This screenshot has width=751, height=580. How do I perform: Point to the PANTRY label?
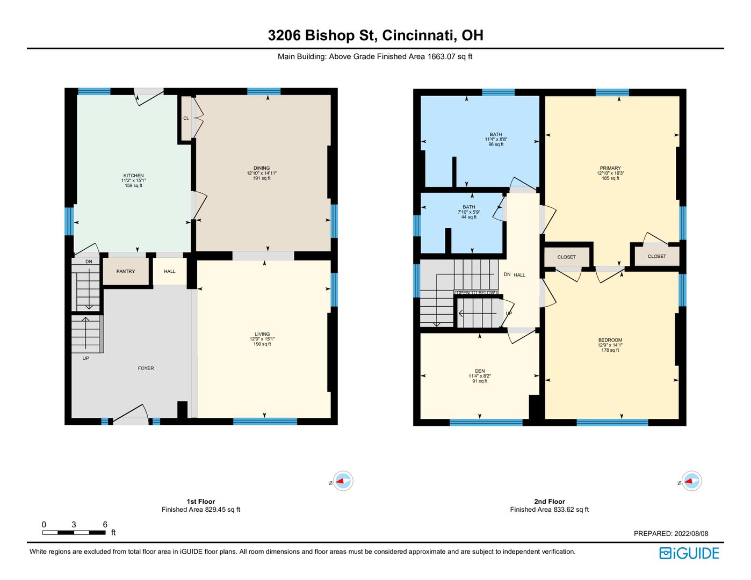[x=126, y=272]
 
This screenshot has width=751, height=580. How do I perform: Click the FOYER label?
[x=146, y=368]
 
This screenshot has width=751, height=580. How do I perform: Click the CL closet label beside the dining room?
[x=186, y=119]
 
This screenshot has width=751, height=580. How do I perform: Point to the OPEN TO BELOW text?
[x=475, y=293]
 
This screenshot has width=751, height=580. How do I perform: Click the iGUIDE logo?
[x=689, y=553]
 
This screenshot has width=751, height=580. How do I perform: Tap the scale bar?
[x=74, y=533]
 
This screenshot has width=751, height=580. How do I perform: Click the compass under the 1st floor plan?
[x=343, y=481]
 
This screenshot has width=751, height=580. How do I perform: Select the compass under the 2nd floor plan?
[x=691, y=481]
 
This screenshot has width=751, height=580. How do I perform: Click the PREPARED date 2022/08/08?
[x=691, y=534]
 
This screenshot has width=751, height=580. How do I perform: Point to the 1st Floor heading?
[x=201, y=502]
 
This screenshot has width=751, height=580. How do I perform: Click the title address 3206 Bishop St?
[x=322, y=35]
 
